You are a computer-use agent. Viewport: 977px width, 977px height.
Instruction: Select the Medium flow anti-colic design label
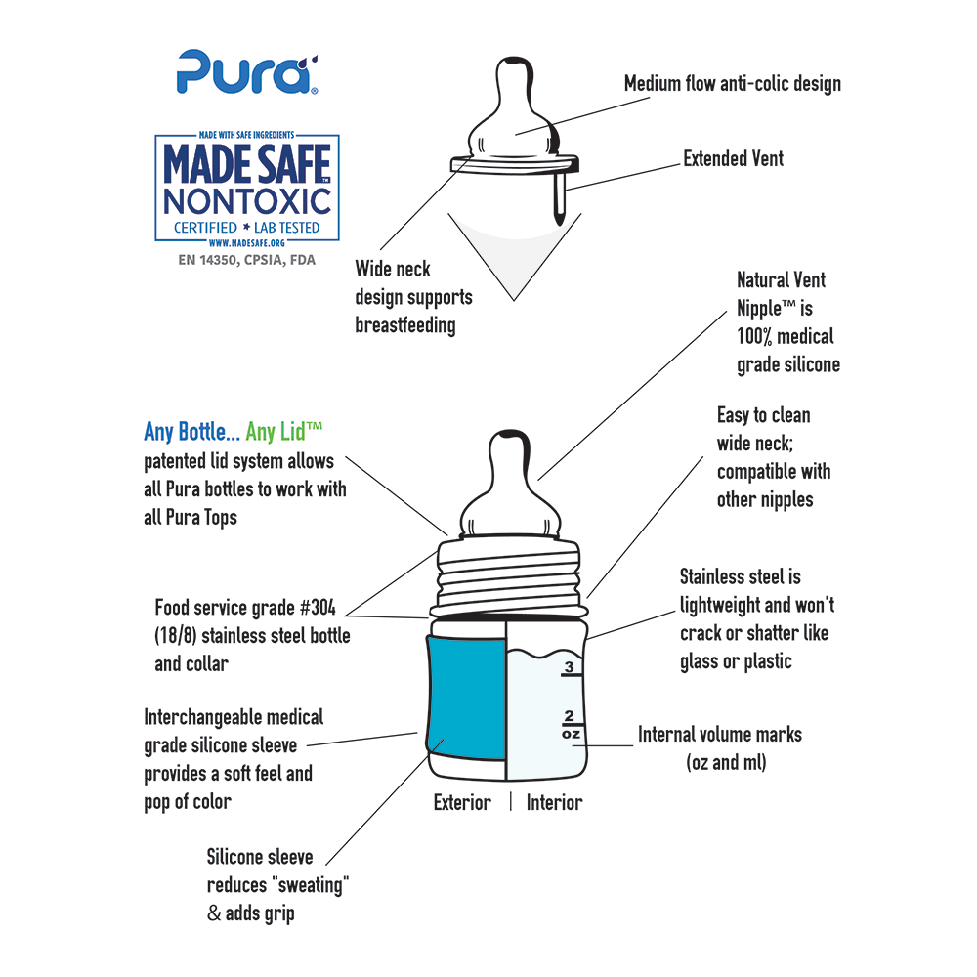point(733,83)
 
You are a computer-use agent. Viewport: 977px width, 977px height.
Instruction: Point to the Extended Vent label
point(733,158)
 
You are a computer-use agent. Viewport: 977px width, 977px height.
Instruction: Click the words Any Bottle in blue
point(190,431)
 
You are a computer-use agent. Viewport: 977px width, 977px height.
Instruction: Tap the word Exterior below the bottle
point(462,803)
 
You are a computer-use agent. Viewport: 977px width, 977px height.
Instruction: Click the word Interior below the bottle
point(554,803)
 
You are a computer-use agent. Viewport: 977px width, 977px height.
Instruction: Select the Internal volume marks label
point(719,734)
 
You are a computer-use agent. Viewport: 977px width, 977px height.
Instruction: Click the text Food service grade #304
point(244,607)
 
